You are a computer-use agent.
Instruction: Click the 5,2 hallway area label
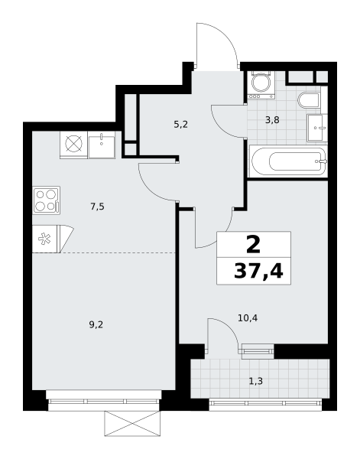click(x=180, y=125)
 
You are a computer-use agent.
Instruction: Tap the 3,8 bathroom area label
click(x=272, y=120)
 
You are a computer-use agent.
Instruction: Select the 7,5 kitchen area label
click(x=97, y=207)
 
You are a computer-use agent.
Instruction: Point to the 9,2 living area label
click(x=96, y=324)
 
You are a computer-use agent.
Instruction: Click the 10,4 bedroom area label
click(x=248, y=317)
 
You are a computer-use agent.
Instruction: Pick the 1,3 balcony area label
click(x=255, y=381)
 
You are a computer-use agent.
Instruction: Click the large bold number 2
click(x=253, y=245)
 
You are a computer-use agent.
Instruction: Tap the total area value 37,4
click(x=258, y=272)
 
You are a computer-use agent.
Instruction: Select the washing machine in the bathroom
click(x=261, y=84)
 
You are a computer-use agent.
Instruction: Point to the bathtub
click(x=288, y=161)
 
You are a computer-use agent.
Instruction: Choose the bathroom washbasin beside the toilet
click(x=316, y=129)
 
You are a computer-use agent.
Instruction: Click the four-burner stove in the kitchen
click(x=46, y=200)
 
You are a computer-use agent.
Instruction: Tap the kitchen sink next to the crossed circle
click(x=102, y=145)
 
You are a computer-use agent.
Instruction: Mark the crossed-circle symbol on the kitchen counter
click(x=73, y=144)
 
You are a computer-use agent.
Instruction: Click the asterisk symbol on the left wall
click(x=44, y=239)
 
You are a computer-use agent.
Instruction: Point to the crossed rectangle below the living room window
click(x=132, y=423)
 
